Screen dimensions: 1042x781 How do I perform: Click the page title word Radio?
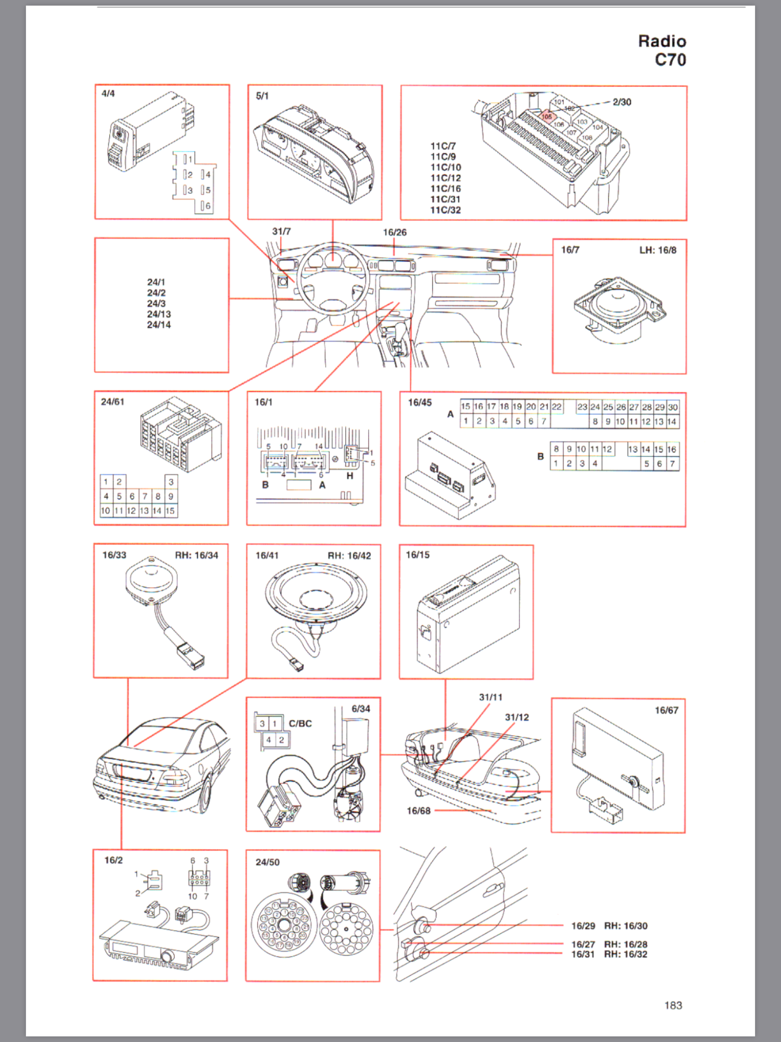click(662, 41)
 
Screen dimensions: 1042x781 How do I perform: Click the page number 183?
click(673, 1005)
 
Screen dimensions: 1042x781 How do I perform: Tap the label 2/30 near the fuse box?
click(622, 102)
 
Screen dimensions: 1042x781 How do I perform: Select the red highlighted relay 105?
click(546, 117)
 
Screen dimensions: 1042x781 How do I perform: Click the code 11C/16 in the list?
click(445, 189)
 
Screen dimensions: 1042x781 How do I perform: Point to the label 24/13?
click(158, 314)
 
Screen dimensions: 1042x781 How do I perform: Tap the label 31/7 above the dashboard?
click(281, 231)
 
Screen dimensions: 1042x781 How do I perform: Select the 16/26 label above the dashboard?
click(394, 232)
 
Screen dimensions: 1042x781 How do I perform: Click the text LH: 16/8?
click(658, 250)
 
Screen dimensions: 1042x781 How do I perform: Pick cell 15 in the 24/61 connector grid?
click(170, 511)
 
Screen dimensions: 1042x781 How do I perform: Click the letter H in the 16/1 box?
click(350, 476)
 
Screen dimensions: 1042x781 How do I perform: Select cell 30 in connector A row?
click(673, 407)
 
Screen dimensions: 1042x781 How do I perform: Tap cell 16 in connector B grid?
click(672, 449)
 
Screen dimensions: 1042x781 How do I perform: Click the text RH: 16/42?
click(349, 556)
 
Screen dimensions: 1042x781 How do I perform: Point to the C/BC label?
click(300, 724)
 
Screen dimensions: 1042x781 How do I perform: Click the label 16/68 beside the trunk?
click(418, 811)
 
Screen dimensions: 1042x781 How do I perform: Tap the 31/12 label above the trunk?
click(517, 717)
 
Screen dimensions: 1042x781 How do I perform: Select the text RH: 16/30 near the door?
click(625, 926)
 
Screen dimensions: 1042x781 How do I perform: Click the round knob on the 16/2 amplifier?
click(168, 957)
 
